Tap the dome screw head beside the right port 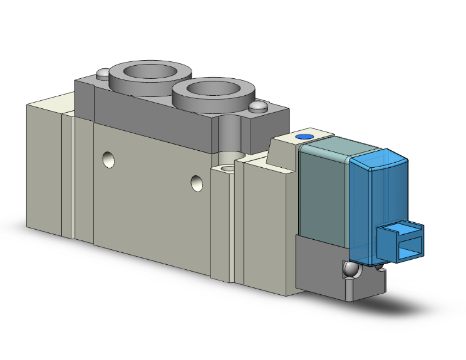(x=257, y=108)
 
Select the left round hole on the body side (x=110, y=161)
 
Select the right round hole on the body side (x=197, y=183)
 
